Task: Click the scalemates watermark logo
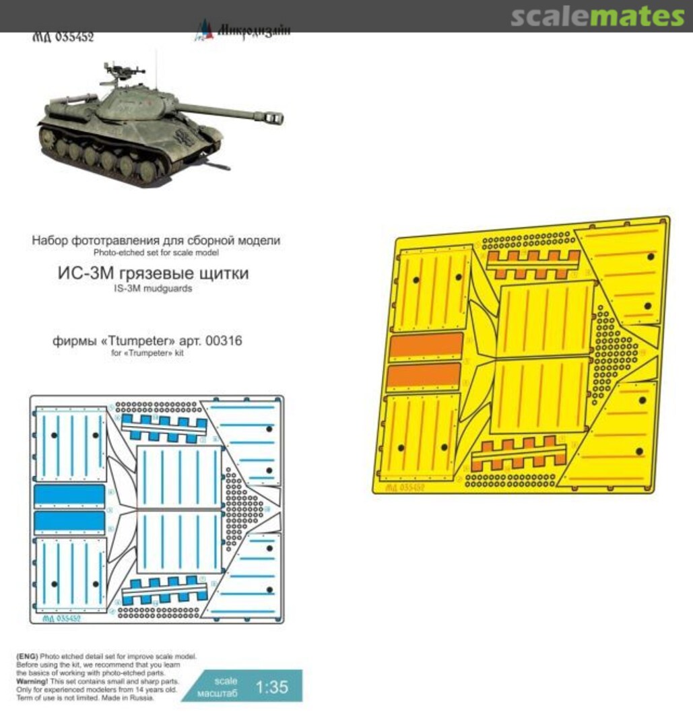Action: click(597, 16)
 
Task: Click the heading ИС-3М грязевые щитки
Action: click(156, 274)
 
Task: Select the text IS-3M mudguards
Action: click(156, 289)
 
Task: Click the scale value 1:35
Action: click(273, 687)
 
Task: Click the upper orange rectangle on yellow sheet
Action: click(426, 346)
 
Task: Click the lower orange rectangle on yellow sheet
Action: click(425, 376)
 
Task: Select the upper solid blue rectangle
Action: click(69, 495)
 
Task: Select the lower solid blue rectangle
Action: click(69, 522)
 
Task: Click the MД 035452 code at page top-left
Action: click(63, 37)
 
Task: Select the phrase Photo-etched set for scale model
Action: click(156, 252)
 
